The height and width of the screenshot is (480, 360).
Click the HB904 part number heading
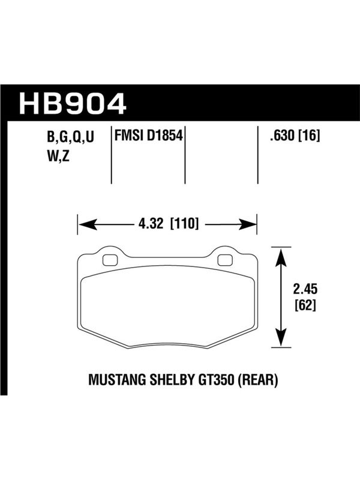point(73,104)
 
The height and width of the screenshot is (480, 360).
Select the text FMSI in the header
point(129,136)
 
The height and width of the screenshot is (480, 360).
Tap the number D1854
point(164,136)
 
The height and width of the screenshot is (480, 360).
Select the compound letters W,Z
point(58,156)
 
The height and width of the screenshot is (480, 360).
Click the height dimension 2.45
point(305,289)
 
